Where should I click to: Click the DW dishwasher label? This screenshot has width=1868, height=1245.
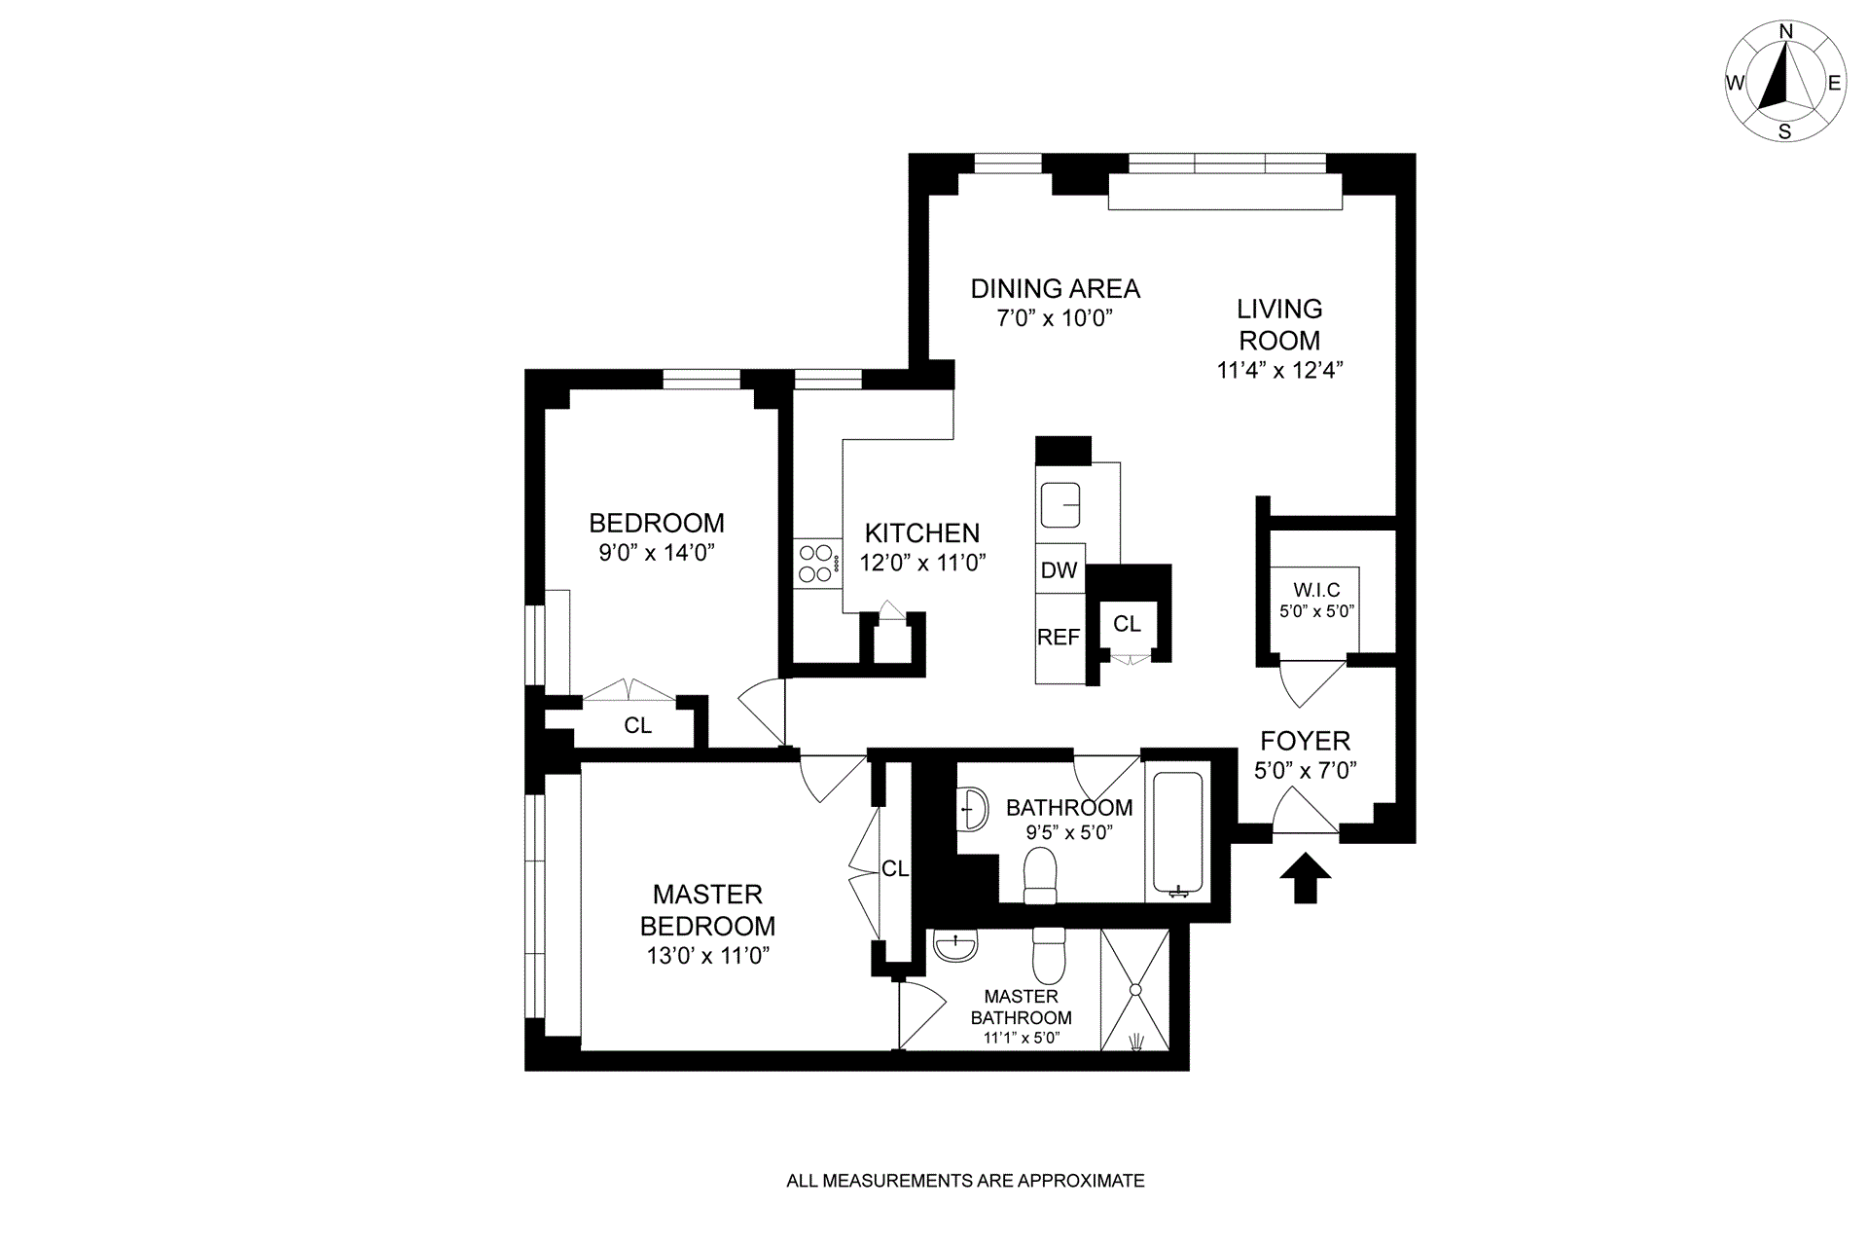[1059, 570]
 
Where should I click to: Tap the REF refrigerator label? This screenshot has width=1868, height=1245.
[1059, 638]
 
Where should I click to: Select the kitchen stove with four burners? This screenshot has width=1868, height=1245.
[817, 564]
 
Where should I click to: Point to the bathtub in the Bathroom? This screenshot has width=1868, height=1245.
[1177, 831]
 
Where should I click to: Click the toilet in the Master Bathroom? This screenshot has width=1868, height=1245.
[1049, 956]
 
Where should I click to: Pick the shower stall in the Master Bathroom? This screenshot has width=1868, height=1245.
[1134, 989]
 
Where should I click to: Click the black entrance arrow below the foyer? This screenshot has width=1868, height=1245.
[1305, 878]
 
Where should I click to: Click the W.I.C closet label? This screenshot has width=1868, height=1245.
[1316, 591]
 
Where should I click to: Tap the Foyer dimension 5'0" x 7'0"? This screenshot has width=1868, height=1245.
[1306, 771]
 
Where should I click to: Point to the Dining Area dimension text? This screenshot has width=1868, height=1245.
[1055, 318]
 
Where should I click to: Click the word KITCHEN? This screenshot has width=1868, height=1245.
[922, 533]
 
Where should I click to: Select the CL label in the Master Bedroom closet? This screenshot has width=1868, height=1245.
[895, 869]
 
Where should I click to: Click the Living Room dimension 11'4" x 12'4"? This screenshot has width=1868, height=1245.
[1279, 371]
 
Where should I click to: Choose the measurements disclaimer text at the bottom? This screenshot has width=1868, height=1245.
[965, 1182]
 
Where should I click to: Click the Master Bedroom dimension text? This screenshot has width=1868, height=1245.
[707, 956]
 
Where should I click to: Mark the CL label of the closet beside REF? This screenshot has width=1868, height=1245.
[1127, 624]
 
